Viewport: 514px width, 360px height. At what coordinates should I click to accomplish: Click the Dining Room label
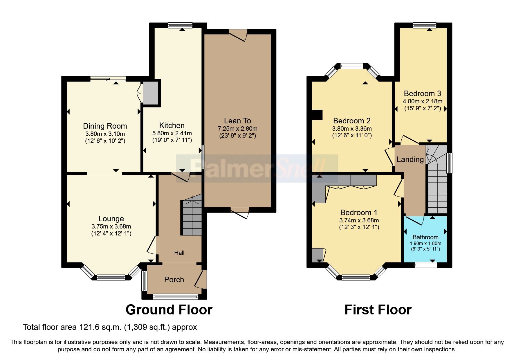point(105,126)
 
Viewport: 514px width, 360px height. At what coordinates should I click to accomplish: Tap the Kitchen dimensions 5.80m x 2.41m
point(172,134)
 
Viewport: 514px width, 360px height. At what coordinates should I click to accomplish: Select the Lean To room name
point(237,121)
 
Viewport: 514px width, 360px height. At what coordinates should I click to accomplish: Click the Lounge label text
point(111,219)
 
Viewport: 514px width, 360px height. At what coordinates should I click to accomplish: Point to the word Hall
point(179,253)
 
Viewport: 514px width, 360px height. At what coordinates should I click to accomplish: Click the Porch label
point(174,280)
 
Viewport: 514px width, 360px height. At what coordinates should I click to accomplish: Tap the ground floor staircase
point(192,218)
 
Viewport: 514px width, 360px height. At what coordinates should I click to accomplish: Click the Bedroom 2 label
point(352,121)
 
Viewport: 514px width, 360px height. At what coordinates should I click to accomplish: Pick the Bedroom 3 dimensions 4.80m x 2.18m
point(422,101)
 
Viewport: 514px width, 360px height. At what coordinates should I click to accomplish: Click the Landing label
point(410,159)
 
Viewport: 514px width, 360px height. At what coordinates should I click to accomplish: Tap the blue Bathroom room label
point(425,237)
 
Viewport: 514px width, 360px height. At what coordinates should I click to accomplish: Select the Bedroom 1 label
point(359,213)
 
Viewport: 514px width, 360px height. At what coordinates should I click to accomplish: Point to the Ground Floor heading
point(169,310)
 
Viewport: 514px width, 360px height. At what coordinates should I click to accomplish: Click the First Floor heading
point(378,310)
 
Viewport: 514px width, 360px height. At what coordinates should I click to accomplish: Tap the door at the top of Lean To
point(238,34)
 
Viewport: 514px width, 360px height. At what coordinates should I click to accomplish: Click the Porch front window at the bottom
point(176,296)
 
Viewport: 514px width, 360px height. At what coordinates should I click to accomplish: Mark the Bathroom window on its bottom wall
point(425,264)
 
